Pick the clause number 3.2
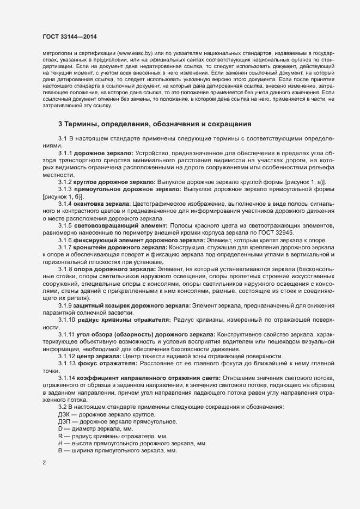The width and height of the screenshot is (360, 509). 62,407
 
